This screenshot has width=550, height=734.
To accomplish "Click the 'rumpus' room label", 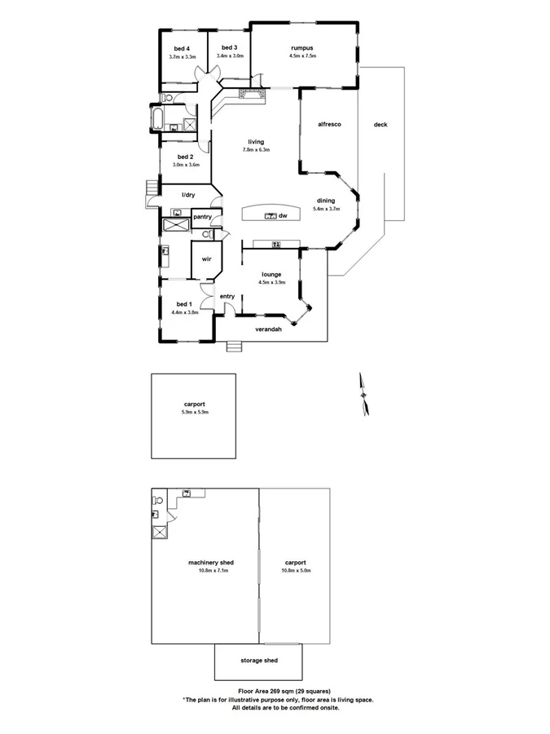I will click(x=301, y=47).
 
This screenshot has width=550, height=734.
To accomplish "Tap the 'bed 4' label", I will click(x=182, y=48).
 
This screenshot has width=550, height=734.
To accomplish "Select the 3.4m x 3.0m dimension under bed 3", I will click(x=229, y=56).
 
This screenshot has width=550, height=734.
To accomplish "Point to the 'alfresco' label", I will click(x=328, y=124).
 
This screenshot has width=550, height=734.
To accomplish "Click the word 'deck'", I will click(x=380, y=124).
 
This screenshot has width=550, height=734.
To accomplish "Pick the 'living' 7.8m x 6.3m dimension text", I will click(x=255, y=150).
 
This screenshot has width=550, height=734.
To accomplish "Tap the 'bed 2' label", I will click(x=185, y=157).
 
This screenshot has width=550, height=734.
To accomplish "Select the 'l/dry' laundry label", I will click(x=188, y=195).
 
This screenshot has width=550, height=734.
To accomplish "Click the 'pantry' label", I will click(x=202, y=216).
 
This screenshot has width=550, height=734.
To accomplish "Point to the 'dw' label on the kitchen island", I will click(x=283, y=216).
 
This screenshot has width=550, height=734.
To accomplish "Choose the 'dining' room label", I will click(x=325, y=200).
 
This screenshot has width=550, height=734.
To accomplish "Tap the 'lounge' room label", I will click(x=271, y=274).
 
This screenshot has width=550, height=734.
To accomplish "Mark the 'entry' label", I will click(x=227, y=296).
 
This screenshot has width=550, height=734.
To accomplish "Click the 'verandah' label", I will click(x=268, y=329).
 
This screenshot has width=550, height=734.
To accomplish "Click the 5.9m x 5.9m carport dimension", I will click(x=194, y=412).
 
